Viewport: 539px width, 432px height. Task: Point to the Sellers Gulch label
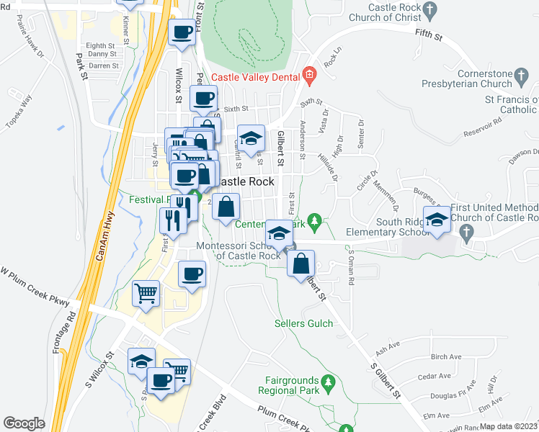pyautogui.click(x=304, y=323)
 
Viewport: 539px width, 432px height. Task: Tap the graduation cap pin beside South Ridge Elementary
pyautogui.click(x=437, y=220)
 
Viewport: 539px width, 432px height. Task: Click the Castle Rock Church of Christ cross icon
pyautogui.click(x=430, y=9)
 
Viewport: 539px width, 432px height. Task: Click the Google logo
pyautogui.click(x=24, y=423)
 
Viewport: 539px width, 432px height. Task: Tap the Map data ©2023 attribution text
pyautogui.click(x=508, y=426)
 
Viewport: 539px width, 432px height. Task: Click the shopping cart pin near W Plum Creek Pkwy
pyautogui.click(x=146, y=294)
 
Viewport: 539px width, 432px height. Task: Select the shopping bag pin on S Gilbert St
pyautogui.click(x=301, y=263)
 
